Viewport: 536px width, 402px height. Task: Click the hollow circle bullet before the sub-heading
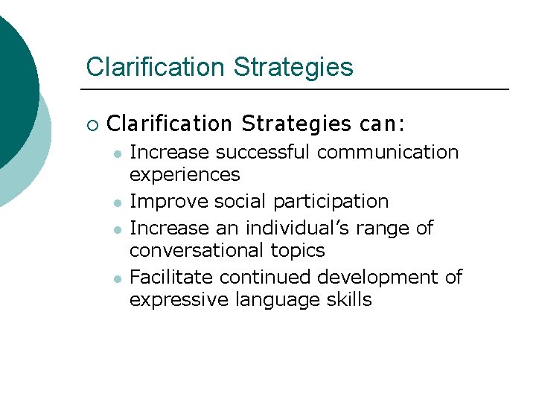pos(92,123)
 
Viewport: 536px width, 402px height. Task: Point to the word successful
pos(264,153)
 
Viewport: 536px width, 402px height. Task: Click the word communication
pos(388,153)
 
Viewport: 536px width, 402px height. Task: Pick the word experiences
pos(185,175)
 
